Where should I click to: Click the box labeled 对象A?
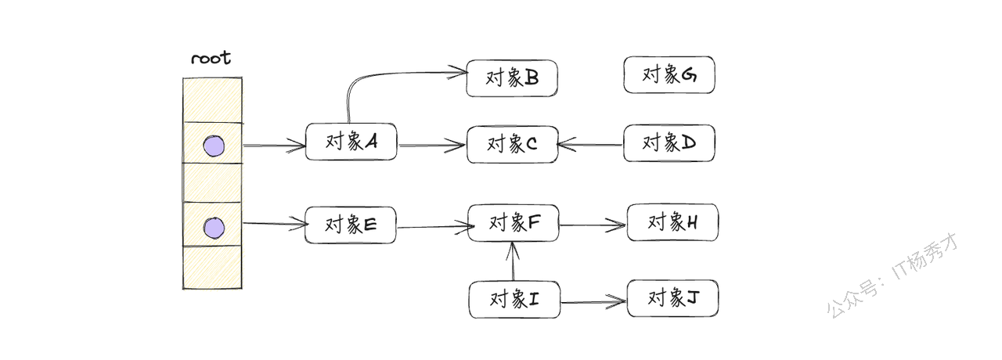pos(351,142)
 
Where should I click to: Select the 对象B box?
pos(511,78)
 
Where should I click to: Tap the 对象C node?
pos(512,145)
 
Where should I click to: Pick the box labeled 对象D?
pos(669,143)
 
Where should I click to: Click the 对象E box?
pos(351,225)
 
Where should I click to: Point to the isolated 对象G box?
pos(669,75)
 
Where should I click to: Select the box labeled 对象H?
pos(672,222)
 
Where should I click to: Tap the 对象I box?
pos(514,300)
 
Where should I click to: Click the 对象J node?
pos(672,298)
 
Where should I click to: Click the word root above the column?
pos(211,59)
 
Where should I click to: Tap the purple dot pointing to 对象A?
pos(213,146)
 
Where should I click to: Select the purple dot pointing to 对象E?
pos(213,228)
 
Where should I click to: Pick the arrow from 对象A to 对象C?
pos(431,145)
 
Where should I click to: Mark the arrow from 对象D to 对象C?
pos(591,144)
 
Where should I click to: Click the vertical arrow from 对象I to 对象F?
pos(513,262)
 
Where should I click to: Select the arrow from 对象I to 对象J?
pos(593,301)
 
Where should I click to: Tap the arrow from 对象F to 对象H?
pos(593,226)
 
